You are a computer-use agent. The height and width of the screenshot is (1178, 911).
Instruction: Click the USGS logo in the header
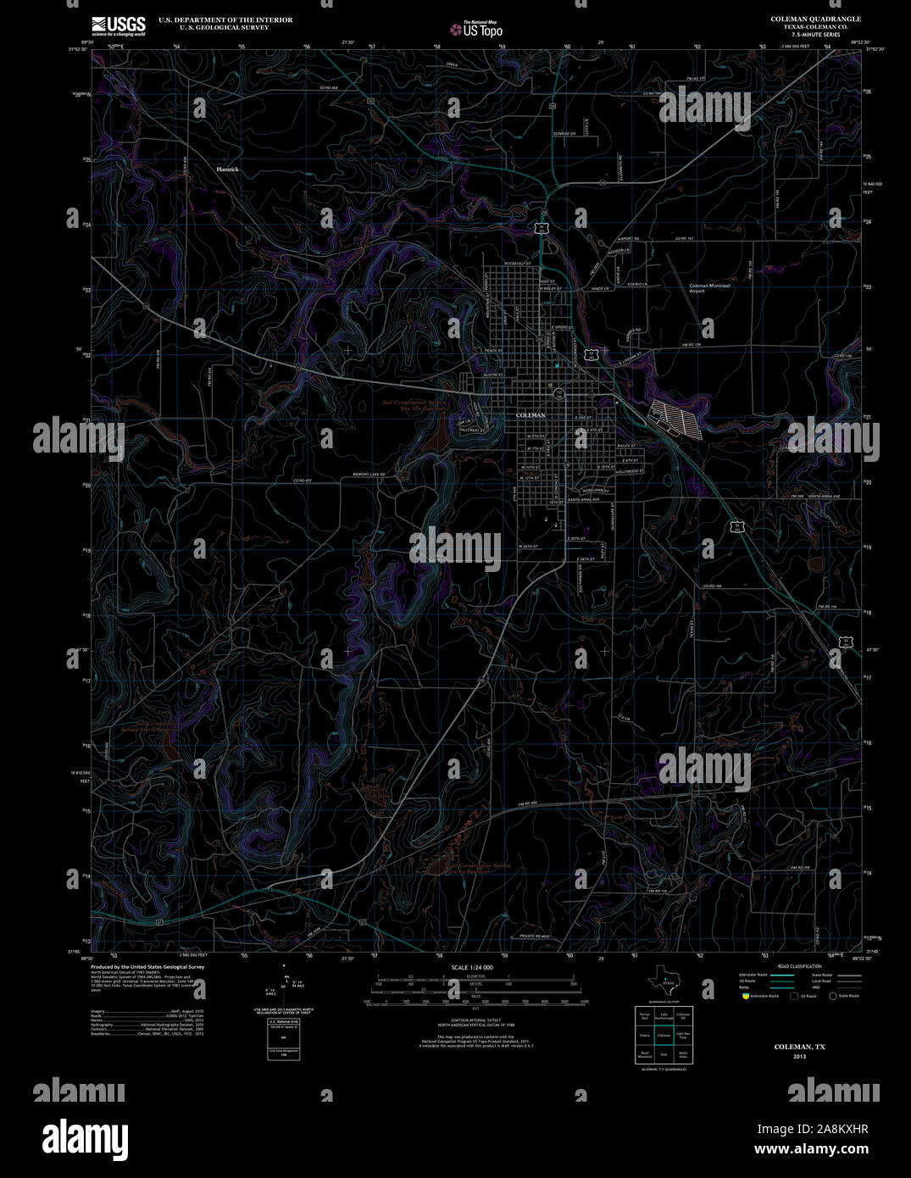coord(118,26)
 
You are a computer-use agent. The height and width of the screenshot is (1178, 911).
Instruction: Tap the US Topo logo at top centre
coord(476,30)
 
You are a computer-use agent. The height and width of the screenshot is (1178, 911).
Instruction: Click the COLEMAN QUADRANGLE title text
coord(815,19)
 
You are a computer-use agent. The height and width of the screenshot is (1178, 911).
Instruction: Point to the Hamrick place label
coord(227,169)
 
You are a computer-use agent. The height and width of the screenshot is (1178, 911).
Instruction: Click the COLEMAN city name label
coord(530,415)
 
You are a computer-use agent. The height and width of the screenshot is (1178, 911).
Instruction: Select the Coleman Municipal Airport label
coord(709,288)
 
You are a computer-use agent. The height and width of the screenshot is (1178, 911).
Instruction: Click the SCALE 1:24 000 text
coord(472,967)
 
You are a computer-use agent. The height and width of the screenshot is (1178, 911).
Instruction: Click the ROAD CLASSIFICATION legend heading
coord(800,967)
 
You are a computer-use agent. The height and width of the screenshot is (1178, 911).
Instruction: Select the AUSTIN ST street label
coord(493,375)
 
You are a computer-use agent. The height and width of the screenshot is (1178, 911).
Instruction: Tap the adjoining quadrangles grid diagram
coord(664,1034)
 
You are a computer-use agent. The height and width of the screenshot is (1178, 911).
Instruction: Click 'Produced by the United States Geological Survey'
coord(148,966)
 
